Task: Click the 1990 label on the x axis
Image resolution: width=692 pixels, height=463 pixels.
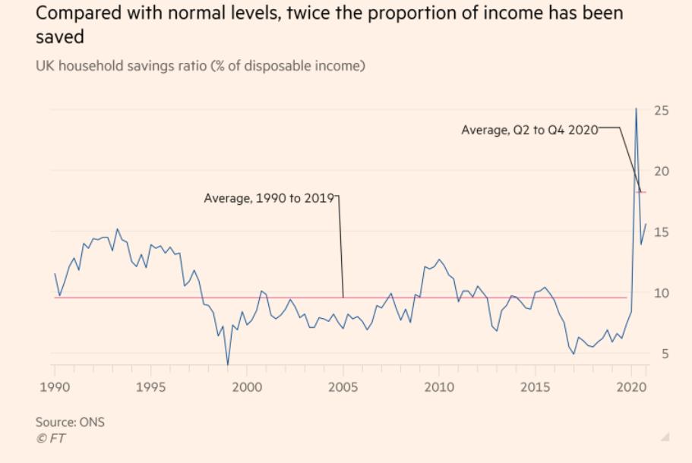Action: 55,388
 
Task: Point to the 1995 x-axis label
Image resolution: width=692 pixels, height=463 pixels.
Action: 150,388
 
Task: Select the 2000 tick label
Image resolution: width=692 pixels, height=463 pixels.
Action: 247,388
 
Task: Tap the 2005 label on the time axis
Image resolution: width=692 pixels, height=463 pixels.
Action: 343,388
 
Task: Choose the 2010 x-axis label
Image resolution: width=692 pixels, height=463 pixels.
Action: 438,388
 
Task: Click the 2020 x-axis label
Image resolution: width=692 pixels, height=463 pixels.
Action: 630,388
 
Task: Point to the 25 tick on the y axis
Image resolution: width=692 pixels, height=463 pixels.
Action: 661,111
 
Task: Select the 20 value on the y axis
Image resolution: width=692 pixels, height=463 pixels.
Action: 661,172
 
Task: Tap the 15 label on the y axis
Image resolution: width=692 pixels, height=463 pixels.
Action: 661,232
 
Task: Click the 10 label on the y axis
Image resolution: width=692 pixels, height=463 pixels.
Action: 661,293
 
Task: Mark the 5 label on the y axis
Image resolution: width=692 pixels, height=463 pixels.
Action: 664,354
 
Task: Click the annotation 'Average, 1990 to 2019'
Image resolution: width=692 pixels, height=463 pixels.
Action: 269,198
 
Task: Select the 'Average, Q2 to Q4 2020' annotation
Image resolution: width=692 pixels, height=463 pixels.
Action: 529,130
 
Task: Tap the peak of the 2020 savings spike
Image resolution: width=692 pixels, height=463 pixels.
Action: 636,109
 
